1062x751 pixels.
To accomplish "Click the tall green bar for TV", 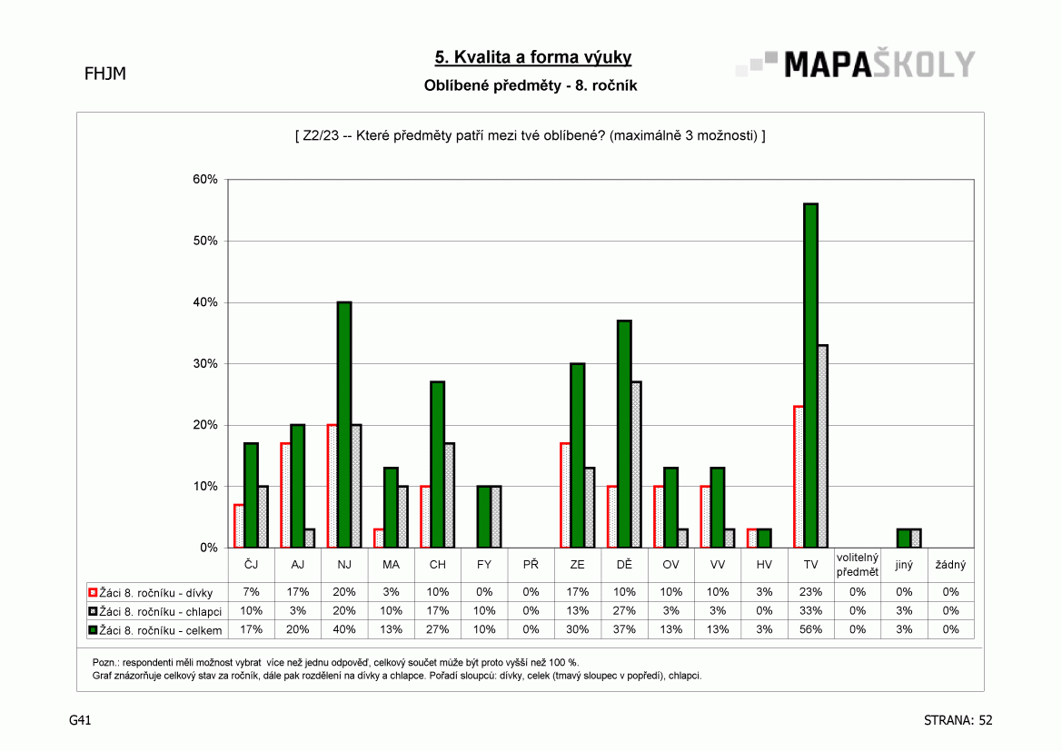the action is [810, 375].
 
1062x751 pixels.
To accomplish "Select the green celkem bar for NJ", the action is [344, 425].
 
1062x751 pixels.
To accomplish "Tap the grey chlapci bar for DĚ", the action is [636, 465].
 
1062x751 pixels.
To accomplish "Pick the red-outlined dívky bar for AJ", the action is [285, 495].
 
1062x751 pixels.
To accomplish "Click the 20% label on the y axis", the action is [205, 425].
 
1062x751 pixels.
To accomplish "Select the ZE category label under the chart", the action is [577, 565].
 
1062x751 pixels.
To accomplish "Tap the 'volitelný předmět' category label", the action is [858, 565].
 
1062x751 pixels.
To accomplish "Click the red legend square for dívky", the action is [93, 593].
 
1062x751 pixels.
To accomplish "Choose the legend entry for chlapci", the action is [155, 611].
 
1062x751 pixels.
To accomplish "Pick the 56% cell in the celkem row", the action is [810, 630].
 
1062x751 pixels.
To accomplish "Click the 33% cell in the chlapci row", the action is [810, 611].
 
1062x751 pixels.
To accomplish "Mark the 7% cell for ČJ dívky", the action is [252, 592].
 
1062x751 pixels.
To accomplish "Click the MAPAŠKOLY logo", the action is [856, 64].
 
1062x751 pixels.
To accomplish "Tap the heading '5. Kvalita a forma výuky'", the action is [533, 57].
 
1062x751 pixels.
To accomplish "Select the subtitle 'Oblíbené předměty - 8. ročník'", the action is [531, 86].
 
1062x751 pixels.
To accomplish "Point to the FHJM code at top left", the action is [105, 74].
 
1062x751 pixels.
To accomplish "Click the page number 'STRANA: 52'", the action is [958, 720].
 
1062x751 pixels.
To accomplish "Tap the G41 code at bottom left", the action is [80, 720].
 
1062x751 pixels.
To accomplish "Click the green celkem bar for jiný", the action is [904, 539].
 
